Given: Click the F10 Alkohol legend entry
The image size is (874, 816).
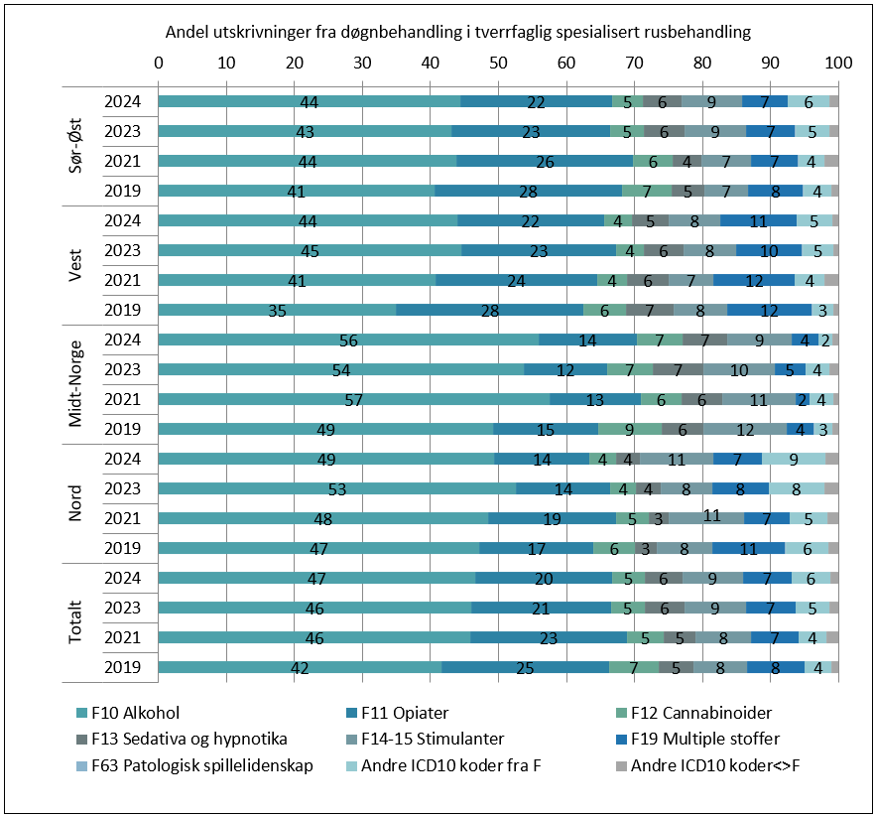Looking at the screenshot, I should [x=134, y=712].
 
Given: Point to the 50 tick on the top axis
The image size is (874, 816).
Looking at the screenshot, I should [x=498, y=63].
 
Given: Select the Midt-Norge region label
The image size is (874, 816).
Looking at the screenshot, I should [x=75, y=383].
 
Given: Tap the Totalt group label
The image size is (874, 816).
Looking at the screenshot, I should [x=75, y=621].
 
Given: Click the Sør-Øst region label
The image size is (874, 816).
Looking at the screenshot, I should [x=75, y=145].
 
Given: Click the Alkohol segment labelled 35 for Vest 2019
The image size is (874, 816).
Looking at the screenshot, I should [x=278, y=310].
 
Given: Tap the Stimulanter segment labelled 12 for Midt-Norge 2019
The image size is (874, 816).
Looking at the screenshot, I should [x=744, y=429].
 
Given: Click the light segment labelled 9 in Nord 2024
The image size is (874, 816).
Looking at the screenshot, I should [x=794, y=459].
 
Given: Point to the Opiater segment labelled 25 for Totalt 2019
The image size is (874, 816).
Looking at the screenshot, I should [x=525, y=667].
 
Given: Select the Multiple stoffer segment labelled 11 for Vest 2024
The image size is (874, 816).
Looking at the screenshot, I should [x=758, y=220].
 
